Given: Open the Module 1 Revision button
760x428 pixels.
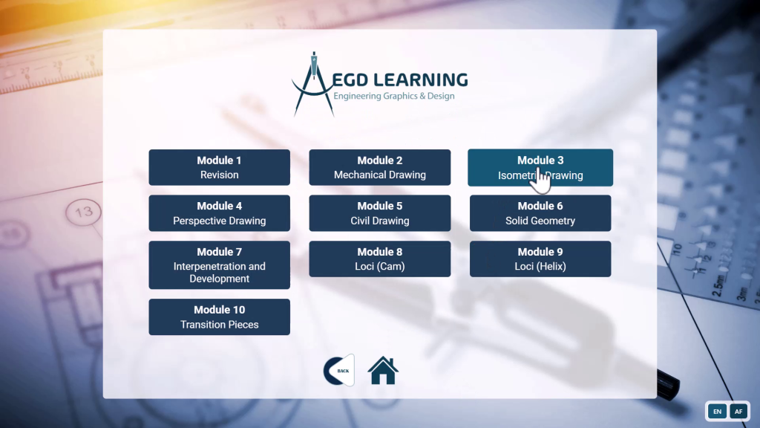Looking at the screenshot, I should click(219, 167).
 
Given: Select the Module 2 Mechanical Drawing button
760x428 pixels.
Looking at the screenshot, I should click(379, 167).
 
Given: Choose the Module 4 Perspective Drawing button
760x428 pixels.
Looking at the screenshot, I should click(219, 213).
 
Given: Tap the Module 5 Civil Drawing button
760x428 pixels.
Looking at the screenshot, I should click(379, 213).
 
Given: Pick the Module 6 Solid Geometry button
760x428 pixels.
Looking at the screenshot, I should click(540, 213).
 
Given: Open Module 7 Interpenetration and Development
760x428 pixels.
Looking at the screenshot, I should click(219, 265).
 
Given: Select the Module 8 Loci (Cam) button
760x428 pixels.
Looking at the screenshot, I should click(379, 259).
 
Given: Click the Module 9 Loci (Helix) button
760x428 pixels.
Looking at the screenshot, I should click(540, 259).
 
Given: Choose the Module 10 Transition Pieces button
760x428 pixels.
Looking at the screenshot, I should click(219, 317).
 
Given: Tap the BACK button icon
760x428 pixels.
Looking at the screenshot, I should click(338, 370).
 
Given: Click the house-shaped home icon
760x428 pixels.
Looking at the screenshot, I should click(383, 370).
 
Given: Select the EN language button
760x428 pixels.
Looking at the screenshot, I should click(717, 411).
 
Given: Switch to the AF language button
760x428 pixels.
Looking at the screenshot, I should click(738, 411).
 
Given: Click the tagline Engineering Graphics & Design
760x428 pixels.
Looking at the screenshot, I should click(393, 97).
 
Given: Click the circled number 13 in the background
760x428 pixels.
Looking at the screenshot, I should click(84, 213).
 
